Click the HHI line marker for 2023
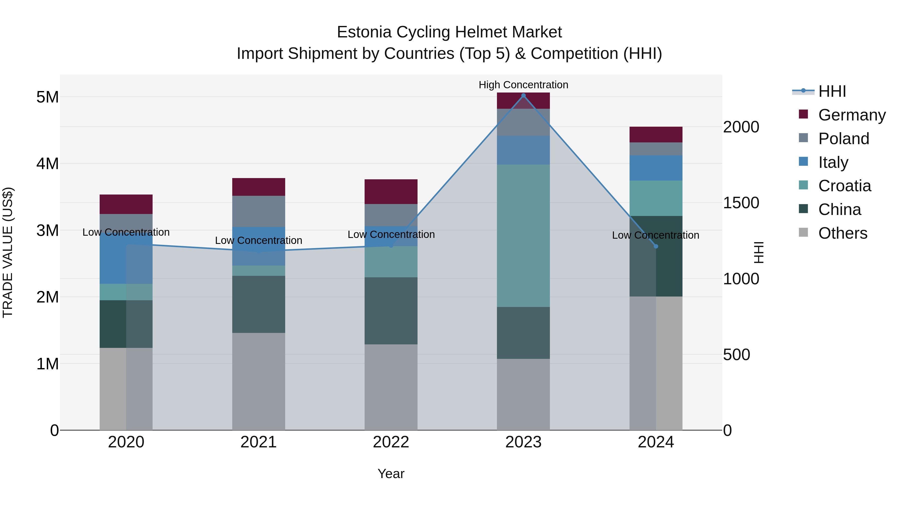point(523,96)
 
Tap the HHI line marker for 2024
point(656,246)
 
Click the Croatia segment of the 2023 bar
point(523,236)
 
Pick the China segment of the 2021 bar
point(259,304)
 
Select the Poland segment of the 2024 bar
point(656,149)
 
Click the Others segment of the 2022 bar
point(391,387)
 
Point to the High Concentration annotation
point(523,85)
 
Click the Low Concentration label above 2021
point(259,240)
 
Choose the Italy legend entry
point(833,162)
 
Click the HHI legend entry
point(832,91)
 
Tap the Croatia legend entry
point(845,186)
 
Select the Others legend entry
point(843,233)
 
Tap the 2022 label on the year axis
point(391,442)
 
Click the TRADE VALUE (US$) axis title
point(8,252)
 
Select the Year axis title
point(391,474)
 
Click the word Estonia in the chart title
point(364,32)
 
